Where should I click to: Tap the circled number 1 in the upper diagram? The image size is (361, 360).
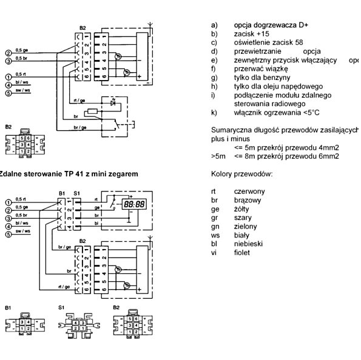tap(8, 77)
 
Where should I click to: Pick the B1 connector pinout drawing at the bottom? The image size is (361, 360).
tap(19, 325)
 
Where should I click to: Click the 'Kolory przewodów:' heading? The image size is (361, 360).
tap(241, 174)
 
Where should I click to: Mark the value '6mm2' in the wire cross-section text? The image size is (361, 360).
tap(328, 156)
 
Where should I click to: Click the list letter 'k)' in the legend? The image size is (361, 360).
tap(214, 113)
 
